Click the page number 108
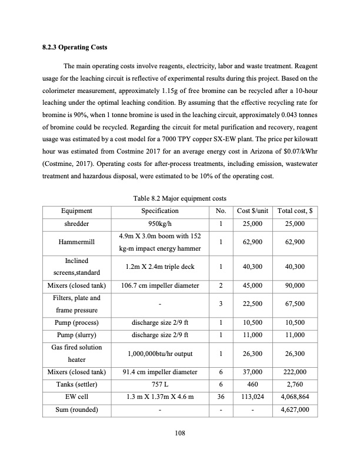(180, 434)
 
